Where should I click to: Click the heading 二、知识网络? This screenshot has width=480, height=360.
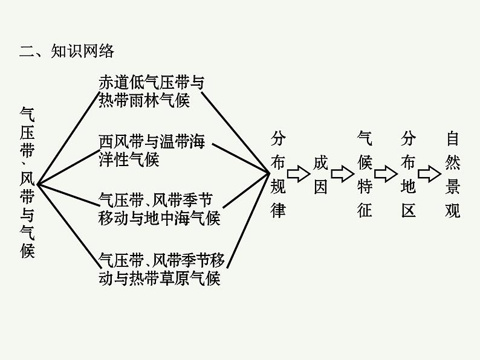click(x=66, y=51)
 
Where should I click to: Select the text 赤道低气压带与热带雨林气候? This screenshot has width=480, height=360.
click(x=151, y=91)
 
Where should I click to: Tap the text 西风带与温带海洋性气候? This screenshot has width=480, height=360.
click(x=152, y=150)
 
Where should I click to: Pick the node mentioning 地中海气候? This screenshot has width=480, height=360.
click(x=158, y=209)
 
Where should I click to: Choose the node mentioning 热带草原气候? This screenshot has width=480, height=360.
click(x=161, y=269)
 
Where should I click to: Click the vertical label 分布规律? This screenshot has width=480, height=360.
click(x=277, y=175)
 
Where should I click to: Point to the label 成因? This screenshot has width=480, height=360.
click(x=320, y=175)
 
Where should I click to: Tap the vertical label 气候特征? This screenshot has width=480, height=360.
click(x=365, y=175)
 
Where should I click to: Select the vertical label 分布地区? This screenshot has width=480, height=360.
click(x=408, y=175)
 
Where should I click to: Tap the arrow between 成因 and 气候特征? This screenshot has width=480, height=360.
click(x=342, y=175)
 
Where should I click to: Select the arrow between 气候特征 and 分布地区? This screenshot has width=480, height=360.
click(x=386, y=175)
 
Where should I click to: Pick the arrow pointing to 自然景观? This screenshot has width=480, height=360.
click(x=430, y=175)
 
